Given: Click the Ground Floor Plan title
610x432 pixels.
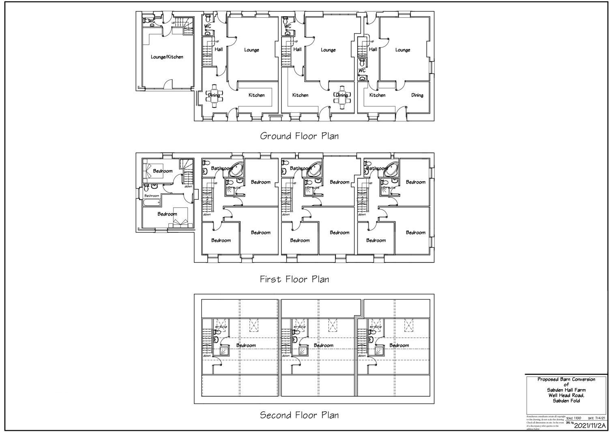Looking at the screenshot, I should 299,136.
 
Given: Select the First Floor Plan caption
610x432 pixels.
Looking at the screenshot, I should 294,279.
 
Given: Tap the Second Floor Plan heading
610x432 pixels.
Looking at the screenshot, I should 299,415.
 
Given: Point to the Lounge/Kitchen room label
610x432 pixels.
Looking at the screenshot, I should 167,57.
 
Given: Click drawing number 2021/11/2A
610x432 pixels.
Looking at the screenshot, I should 590,426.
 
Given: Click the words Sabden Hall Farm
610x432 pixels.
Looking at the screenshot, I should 566,390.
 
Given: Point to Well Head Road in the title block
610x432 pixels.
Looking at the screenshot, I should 566,395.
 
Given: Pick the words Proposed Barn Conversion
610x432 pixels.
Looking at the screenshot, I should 566,380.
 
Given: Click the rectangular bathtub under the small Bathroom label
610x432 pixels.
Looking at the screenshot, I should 152,202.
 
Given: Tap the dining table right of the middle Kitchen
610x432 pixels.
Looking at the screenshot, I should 342,96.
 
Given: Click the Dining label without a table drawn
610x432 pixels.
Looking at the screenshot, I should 417,95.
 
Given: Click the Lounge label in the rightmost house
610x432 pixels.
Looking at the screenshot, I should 402,50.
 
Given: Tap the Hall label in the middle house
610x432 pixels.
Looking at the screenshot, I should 297,50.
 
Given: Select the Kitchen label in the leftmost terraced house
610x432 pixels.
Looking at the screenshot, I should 256,95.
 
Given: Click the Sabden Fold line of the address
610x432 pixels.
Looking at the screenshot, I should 566,401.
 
